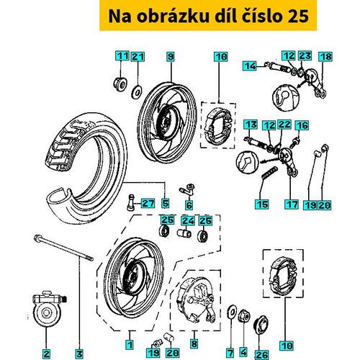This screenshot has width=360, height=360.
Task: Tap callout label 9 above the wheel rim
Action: (171, 57)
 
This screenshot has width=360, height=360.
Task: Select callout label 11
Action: (122, 56)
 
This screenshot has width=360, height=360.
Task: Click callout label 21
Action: (138, 57)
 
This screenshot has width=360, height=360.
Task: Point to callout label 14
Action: (250, 66)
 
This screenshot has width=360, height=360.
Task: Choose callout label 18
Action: (326, 57)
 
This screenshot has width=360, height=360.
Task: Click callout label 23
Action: (305, 56)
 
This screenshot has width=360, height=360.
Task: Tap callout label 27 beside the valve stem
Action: (148, 204)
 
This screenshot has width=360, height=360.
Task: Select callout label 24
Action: (188, 220)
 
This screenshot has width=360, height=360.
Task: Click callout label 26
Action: (262, 355)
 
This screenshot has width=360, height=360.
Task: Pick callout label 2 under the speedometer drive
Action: (46, 354)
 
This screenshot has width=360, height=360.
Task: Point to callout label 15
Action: (262, 204)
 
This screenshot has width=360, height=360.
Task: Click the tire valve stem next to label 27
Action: (132, 202)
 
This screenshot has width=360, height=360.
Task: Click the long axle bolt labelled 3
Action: (63, 248)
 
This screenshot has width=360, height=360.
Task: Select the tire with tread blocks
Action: (86, 171)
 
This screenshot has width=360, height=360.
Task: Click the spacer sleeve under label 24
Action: (184, 233)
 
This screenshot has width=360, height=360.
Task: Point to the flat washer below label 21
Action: (137, 92)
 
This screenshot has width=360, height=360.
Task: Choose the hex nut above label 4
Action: (244, 315)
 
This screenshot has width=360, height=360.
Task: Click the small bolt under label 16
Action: (294, 143)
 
